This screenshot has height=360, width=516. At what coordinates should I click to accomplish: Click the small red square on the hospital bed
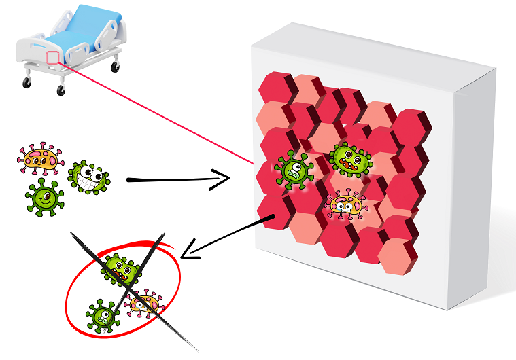tap(52, 57)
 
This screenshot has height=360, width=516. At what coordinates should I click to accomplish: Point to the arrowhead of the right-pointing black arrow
tap(224, 180)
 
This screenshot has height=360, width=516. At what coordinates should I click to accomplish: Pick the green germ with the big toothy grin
tap(89, 177)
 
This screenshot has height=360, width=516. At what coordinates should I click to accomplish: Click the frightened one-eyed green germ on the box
tap(294, 169)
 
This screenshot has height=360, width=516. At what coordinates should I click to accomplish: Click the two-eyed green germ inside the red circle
tap(121, 269)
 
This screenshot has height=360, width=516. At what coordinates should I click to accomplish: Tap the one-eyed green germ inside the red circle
tap(102, 314)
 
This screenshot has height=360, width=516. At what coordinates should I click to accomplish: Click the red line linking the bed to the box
tap(156, 112)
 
